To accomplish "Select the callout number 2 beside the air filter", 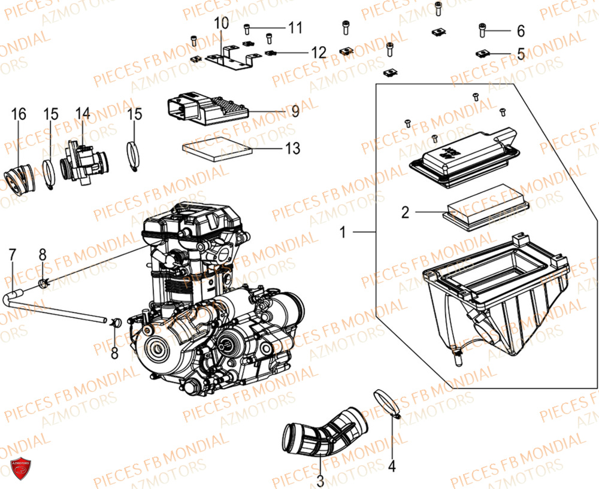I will [x=406, y=212].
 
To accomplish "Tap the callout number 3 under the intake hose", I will [x=320, y=480].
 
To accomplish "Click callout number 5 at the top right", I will [x=520, y=53].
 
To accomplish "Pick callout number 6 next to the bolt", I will [x=520, y=31].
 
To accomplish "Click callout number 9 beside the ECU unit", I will [x=295, y=111].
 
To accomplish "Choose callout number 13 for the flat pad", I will [x=293, y=148].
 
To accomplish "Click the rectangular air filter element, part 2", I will [x=485, y=212].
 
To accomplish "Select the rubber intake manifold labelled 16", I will [x=20, y=173].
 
